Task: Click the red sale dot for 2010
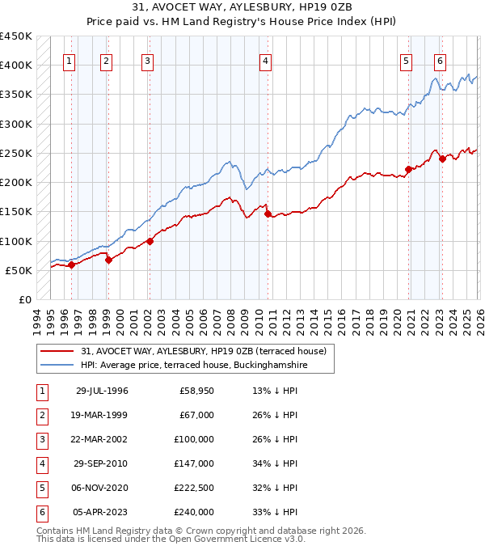(267, 214)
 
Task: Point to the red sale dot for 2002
(150, 241)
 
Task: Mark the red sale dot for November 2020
(408, 169)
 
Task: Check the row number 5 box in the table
(40, 488)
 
